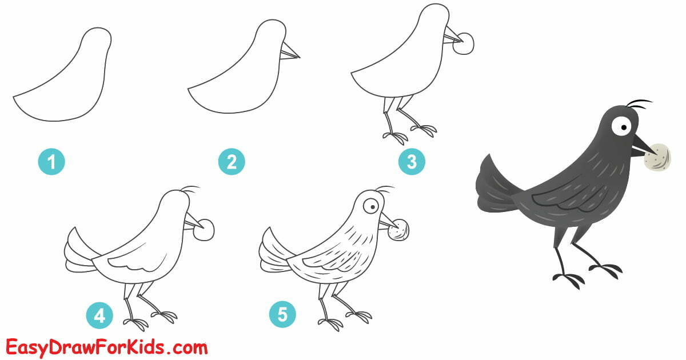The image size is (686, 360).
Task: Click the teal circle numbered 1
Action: tap(51, 163)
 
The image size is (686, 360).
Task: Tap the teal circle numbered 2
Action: tap(232, 163)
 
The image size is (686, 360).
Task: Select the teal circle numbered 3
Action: tap(412, 162)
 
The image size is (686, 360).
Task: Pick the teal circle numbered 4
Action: tap(99, 315)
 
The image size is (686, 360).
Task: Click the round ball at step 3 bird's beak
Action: tap(465, 44)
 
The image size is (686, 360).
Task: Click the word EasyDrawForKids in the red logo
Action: tap(86, 347)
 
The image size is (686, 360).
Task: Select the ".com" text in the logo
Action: tap(186, 347)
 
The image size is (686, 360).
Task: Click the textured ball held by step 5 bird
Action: tap(398, 230)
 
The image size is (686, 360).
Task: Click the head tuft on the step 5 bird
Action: tap(384, 189)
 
